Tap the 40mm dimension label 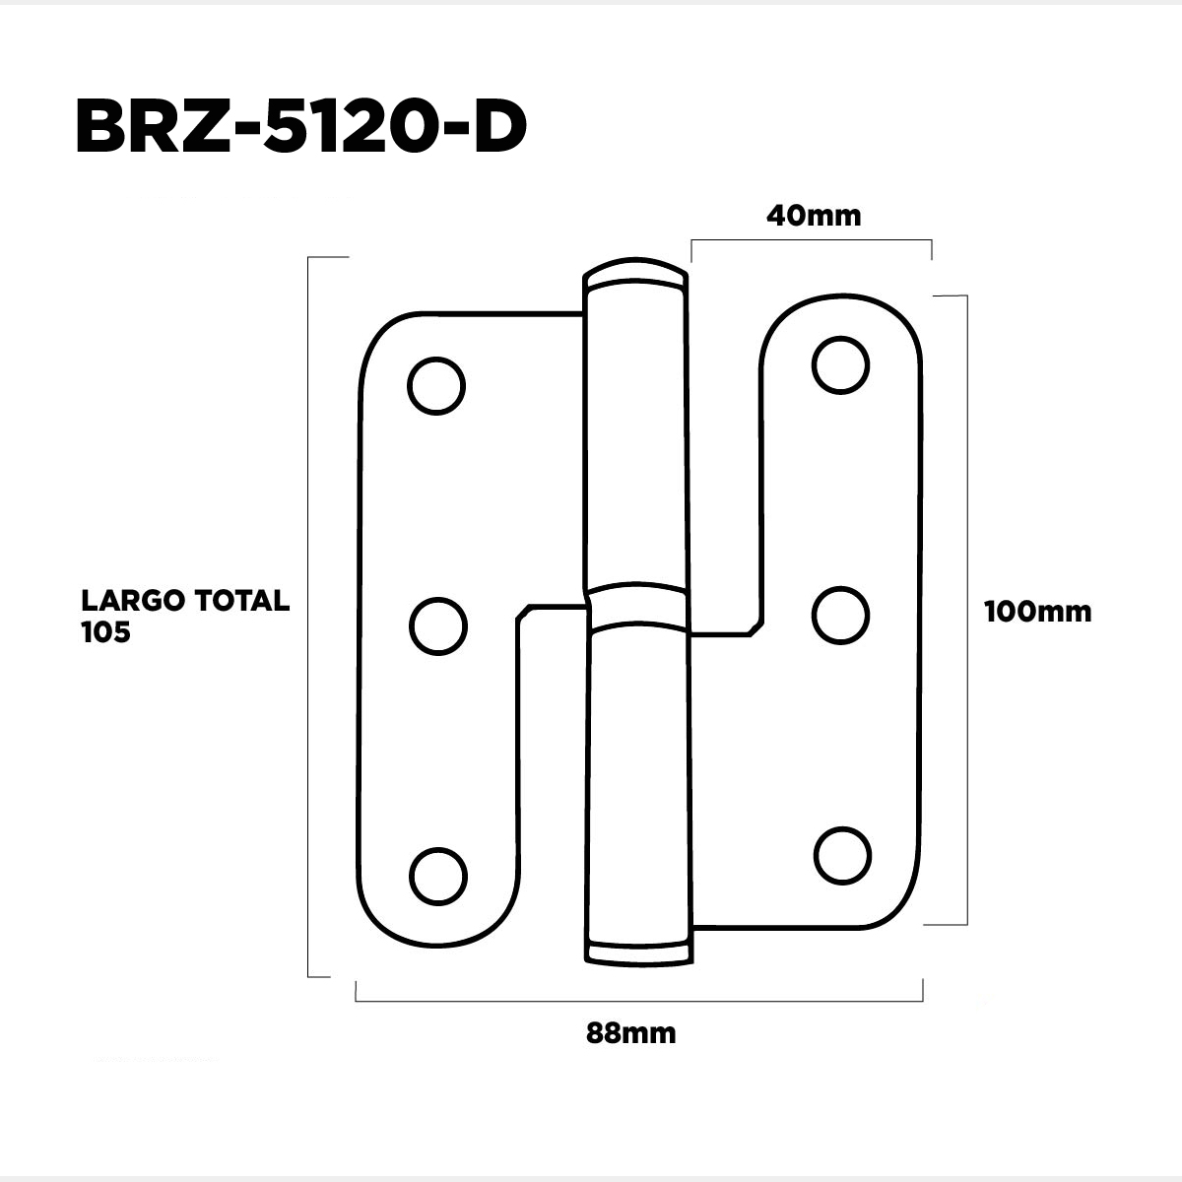point(814,216)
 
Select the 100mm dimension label point(1038,612)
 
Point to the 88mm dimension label point(630,1033)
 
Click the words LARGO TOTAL point(185,601)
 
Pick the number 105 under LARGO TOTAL point(105,632)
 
